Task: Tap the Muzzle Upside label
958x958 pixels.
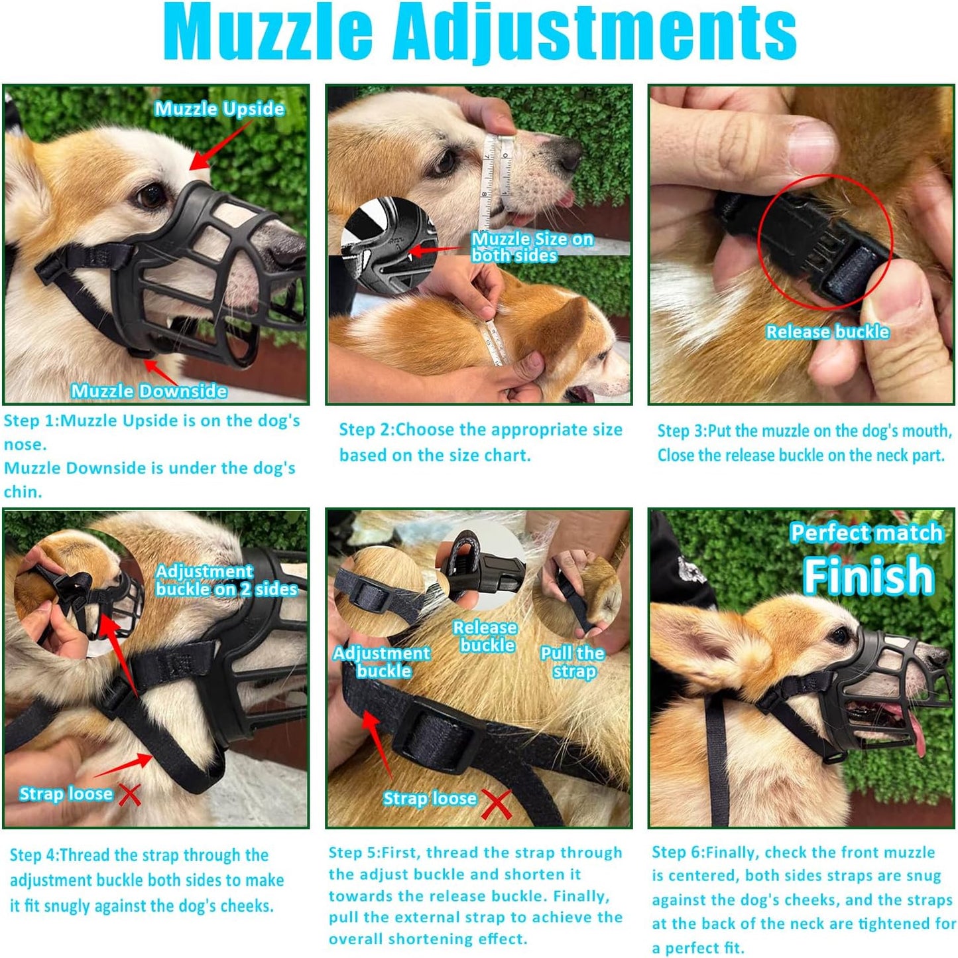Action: coord(219,109)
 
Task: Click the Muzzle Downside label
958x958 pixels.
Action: coord(149,391)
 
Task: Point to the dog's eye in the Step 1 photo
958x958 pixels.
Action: coord(152,195)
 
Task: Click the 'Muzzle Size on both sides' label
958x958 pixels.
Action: coord(532,247)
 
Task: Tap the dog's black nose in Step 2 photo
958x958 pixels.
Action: coord(569,155)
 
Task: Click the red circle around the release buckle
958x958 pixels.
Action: coord(825,242)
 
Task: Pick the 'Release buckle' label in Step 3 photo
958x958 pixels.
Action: coord(827,332)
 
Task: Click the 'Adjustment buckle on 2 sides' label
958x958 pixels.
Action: coord(225,580)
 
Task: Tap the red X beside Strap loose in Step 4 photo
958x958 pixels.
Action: coord(129,793)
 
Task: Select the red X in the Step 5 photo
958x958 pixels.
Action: coord(497,803)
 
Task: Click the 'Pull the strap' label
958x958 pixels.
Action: coord(573,662)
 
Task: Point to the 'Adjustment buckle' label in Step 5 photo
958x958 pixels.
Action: coord(382,661)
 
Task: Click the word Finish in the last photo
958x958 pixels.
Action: coord(868,576)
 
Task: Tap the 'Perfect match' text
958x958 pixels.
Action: coord(866,533)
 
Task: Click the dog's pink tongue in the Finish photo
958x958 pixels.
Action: coord(916,730)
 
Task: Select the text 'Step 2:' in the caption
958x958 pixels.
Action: coord(365,430)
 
